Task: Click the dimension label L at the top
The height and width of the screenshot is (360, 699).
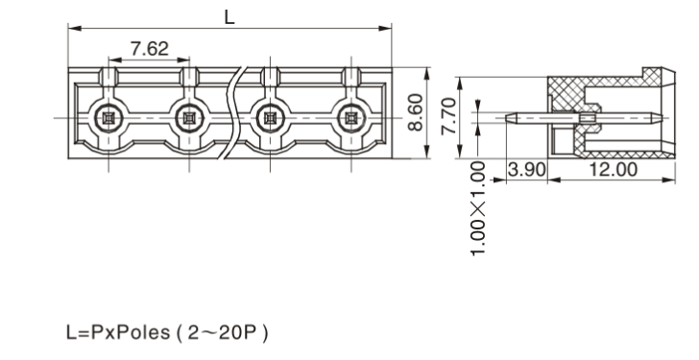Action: [229, 17]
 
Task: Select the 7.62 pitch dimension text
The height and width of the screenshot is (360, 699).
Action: [150, 49]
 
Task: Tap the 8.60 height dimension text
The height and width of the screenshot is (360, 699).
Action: [416, 112]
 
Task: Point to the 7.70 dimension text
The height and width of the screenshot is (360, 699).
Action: [449, 116]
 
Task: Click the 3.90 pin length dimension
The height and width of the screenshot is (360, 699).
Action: [527, 170]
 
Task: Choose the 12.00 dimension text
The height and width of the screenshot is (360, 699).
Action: [614, 170]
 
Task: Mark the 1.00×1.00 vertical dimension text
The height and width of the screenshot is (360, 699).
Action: [478, 208]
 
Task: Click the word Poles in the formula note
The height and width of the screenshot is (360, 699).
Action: [142, 332]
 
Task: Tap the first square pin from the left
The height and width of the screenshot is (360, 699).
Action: [108, 118]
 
